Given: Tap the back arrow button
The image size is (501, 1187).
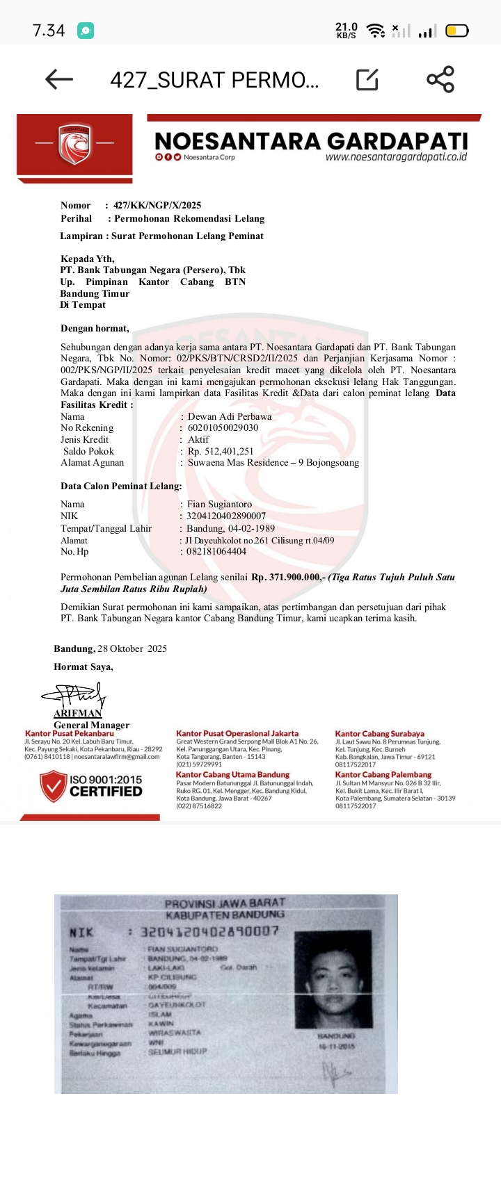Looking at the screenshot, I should [59, 79].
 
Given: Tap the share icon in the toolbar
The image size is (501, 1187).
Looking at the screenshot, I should [440, 79].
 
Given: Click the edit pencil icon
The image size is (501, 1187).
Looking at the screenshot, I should [367, 80].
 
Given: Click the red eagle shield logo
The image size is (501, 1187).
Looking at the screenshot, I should [74, 145].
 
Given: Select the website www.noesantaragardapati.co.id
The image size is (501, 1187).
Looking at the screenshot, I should [396, 157].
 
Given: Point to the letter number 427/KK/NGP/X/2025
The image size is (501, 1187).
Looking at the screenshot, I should [157, 205].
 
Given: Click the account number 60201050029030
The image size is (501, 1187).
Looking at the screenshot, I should [223, 427].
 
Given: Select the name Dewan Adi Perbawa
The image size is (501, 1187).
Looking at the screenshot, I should [230, 416].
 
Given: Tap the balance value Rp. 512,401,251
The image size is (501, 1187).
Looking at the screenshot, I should [221, 451].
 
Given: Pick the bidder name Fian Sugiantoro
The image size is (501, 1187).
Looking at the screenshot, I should [219, 504].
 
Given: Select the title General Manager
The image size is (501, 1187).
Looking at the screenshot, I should [91, 725].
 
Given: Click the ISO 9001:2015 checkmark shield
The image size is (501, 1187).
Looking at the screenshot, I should [53, 786].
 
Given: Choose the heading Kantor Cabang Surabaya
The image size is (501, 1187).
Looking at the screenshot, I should [379, 733].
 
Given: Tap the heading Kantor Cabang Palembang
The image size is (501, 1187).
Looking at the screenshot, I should [383, 774].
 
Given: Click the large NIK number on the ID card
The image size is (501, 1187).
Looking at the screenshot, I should [209, 931].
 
